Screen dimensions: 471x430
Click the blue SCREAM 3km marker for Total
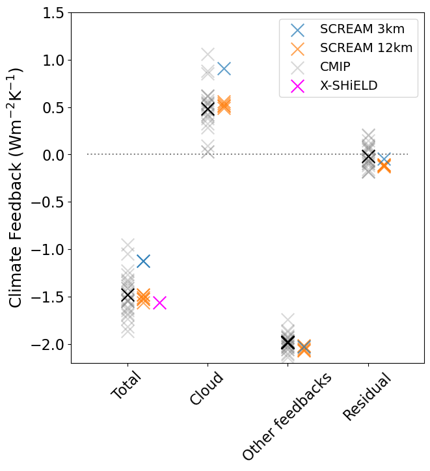point(143,261)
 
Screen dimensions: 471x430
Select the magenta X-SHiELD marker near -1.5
point(159,303)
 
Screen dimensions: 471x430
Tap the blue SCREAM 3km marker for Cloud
point(224,68)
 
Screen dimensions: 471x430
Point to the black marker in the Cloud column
point(208,109)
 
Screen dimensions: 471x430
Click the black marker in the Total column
point(128,295)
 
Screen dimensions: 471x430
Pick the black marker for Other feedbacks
point(288,342)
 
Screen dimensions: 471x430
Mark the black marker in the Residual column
point(368,156)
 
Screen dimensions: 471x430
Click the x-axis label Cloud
point(206,389)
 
